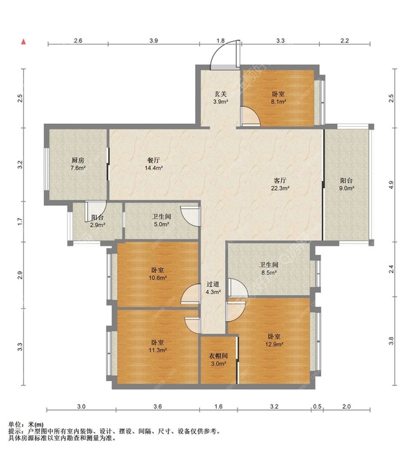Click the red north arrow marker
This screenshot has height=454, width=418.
(x=24, y=42)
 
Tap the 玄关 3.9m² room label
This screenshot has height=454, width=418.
(x=220, y=98)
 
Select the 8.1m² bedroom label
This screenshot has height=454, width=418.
(x=279, y=98)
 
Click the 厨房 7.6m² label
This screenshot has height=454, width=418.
(x=77, y=164)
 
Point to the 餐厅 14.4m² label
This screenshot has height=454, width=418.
(x=153, y=164)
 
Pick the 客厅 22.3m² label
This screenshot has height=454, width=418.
(x=280, y=184)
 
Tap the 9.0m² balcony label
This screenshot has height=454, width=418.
(x=347, y=184)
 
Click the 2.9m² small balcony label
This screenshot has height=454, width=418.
(x=98, y=221)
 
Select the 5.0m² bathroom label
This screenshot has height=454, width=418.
(x=162, y=220)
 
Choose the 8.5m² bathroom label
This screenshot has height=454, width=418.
(x=268, y=268)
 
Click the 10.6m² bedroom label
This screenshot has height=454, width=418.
(x=157, y=274)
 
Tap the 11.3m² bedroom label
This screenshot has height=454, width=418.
(x=157, y=346)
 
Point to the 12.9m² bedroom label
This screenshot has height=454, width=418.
(x=274, y=340)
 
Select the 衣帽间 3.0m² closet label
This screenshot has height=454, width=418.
(x=219, y=359)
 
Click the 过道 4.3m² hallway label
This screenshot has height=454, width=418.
(x=213, y=288)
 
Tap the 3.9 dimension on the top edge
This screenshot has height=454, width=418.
(x=154, y=40)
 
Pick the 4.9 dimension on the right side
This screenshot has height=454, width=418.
(x=391, y=185)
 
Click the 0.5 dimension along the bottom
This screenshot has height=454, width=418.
(x=318, y=406)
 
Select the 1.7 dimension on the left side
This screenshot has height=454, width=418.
(x=20, y=222)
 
